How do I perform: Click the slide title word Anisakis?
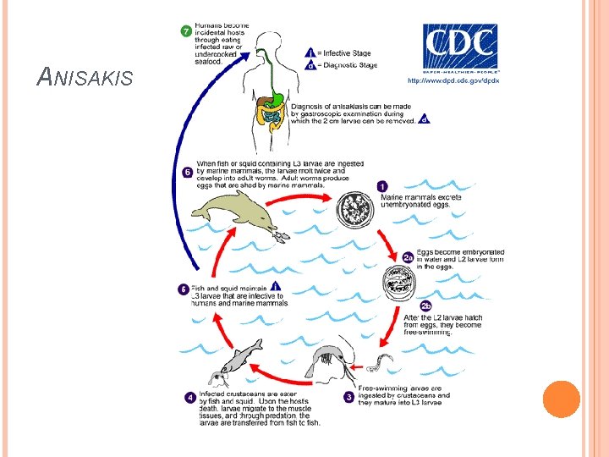tap(85, 79)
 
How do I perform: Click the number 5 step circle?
tap(183, 289)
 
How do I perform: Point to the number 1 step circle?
tap(382, 186)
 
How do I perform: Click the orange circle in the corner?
tap(561, 399)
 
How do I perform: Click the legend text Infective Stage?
tap(352, 52)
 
